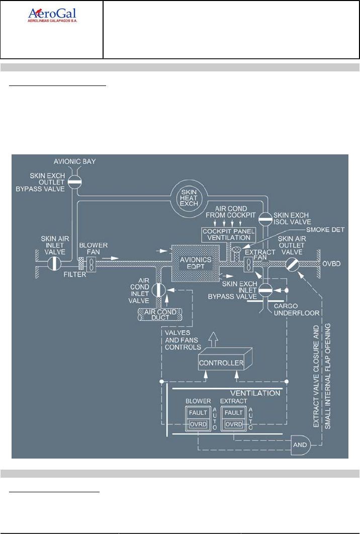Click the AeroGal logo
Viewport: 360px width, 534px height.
point(52,16)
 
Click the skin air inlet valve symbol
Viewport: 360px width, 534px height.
point(54,264)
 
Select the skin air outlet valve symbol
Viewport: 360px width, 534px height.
point(292,264)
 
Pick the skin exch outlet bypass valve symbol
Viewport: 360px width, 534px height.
point(74,182)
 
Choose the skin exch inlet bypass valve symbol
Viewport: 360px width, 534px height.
point(264,289)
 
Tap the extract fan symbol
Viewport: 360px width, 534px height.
point(248,264)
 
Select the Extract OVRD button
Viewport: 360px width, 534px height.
point(234,424)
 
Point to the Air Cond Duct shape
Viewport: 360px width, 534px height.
point(158,312)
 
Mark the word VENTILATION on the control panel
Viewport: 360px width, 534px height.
point(262,393)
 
